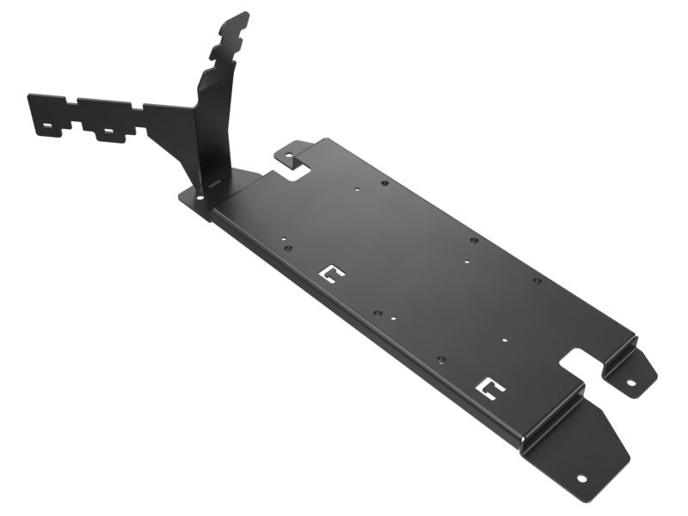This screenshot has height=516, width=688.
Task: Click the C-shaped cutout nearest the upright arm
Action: point(331,273)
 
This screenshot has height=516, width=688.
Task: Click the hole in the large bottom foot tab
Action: point(581,477)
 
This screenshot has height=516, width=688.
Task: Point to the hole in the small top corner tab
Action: point(290,157)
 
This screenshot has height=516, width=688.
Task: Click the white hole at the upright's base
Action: point(200,198)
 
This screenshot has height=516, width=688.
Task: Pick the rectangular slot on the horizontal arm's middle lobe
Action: point(107,134)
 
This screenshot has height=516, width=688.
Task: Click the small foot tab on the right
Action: point(629,370)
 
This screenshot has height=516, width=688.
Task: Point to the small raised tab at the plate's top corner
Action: point(289,153)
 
